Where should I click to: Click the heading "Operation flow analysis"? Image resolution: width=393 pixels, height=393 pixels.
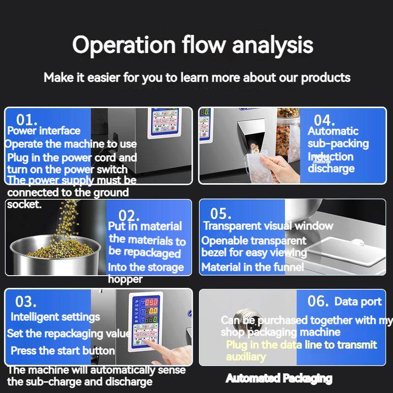[193, 45]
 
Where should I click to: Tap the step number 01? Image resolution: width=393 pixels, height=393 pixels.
[27, 119]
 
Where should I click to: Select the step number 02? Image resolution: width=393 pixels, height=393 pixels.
[129, 215]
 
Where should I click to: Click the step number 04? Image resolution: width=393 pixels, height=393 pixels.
[324, 120]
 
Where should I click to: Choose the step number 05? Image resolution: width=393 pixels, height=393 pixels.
[221, 214]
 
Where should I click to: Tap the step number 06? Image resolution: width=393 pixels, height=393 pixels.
[318, 301]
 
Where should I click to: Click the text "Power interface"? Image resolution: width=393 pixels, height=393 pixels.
[44, 131]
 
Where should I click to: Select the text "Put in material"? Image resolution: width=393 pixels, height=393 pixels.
[145, 226]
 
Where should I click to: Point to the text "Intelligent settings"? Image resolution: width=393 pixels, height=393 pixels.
[55, 317]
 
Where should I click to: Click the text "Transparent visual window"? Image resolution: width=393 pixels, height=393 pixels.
[268, 226]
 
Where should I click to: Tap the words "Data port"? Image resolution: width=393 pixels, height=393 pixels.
[358, 301]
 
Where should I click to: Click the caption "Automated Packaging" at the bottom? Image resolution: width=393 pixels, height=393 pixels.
[279, 378]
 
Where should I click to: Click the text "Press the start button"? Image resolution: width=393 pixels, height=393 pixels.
[62, 351]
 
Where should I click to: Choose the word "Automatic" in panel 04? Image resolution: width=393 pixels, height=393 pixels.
[333, 131]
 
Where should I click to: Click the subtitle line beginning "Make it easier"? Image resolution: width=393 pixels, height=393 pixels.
[197, 78]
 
